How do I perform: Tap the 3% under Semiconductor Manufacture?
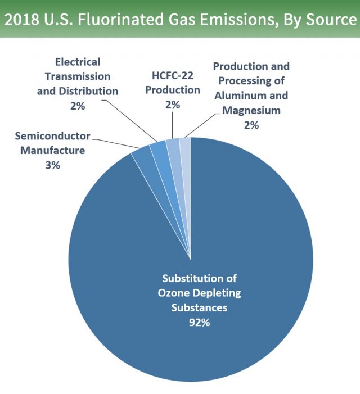tap(52, 165)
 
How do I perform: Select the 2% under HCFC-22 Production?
tap(173, 104)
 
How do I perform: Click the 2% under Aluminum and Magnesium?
tap(251, 125)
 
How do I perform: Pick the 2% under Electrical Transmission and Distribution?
tap(78, 105)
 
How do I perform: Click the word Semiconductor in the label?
tap(52, 136)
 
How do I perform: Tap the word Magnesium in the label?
tap(251, 110)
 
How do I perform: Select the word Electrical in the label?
tap(78, 61)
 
